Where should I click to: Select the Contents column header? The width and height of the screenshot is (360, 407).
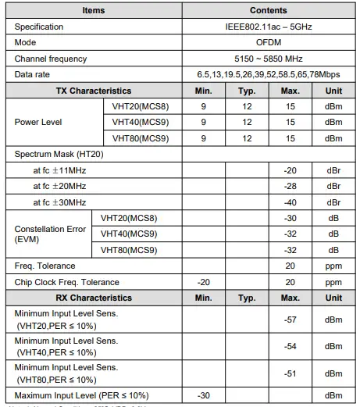(x=268, y=11)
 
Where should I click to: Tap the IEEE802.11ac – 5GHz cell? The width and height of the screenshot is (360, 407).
(x=268, y=27)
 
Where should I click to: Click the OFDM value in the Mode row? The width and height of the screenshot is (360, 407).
(x=268, y=43)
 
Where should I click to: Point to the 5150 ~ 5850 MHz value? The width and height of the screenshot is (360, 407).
(x=268, y=59)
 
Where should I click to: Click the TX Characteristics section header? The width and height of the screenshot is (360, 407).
(x=94, y=91)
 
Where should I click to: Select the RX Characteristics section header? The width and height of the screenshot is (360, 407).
(x=94, y=298)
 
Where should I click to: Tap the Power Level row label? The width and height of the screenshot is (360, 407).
(x=38, y=122)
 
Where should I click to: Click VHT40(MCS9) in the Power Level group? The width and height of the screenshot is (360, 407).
(x=137, y=122)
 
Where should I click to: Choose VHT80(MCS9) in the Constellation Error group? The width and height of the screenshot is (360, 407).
(x=130, y=250)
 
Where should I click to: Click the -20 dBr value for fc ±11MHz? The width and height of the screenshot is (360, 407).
(x=290, y=170)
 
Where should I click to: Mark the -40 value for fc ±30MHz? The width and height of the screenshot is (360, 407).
(x=290, y=202)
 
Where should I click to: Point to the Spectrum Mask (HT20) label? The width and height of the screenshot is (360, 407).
(x=59, y=154)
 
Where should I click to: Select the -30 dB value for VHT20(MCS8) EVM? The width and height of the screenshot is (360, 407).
(x=290, y=218)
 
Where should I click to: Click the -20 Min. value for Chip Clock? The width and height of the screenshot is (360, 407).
(x=204, y=282)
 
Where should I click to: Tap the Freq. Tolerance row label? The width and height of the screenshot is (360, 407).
(x=45, y=266)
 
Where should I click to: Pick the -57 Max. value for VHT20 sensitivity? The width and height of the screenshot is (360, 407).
(x=290, y=320)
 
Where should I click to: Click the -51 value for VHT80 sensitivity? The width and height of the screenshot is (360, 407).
(x=290, y=373)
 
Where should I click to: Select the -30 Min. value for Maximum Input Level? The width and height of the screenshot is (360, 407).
(x=204, y=395)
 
